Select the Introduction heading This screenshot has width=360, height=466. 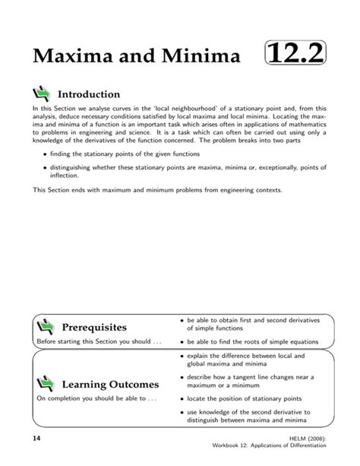[x=88, y=94]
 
